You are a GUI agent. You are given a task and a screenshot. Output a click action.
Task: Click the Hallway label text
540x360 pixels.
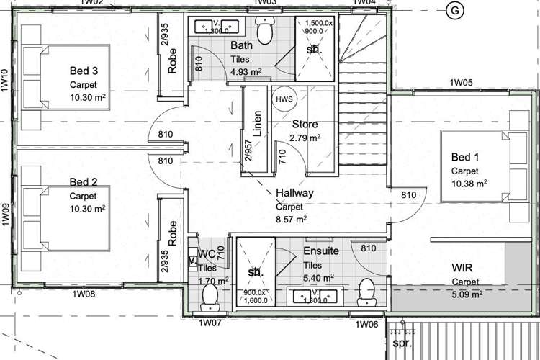pos(294,193)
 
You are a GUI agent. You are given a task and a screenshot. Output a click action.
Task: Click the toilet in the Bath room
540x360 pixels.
pos(266,32)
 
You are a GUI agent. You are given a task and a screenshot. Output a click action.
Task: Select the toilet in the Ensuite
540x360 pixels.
pos(367,290)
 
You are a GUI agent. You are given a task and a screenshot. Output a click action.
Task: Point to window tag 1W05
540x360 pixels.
pos(460,83)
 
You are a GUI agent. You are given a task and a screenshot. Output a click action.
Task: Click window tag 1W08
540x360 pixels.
pos(84,294)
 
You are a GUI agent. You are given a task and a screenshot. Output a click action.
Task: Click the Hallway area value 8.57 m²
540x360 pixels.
pos(292,219)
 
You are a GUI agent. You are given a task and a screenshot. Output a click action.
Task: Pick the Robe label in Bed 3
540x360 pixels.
pos(173,62)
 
